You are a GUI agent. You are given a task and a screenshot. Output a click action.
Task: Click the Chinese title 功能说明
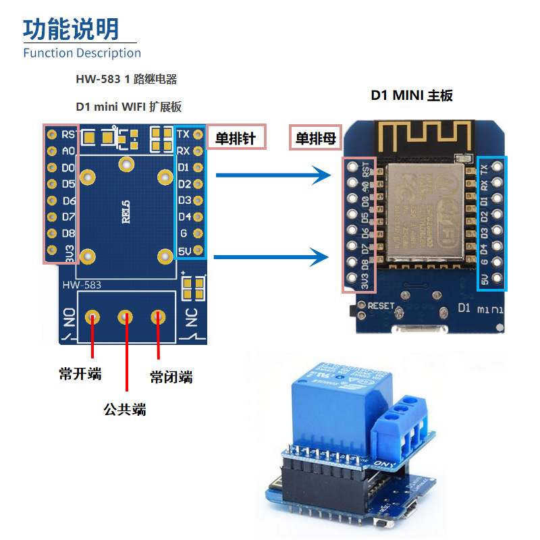click(x=71, y=29)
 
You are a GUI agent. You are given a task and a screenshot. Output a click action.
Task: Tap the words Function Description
click(x=82, y=53)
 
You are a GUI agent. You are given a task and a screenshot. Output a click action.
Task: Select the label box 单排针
click(x=236, y=138)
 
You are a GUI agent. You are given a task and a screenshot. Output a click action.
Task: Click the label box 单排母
click(x=312, y=138)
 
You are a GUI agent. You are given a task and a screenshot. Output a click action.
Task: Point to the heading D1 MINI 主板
click(x=411, y=95)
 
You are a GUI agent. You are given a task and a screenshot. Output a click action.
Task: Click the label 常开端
click(x=80, y=373)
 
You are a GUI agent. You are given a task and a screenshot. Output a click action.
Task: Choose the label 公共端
click(x=124, y=409)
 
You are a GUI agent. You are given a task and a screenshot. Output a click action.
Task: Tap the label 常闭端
click(x=171, y=377)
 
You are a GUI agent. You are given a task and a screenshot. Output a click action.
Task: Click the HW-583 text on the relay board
click(x=82, y=285)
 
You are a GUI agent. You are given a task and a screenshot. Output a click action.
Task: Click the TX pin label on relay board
click(x=183, y=134)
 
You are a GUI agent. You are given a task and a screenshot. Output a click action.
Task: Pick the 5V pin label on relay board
click(x=184, y=250)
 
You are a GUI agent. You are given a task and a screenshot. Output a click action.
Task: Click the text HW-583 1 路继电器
click(x=126, y=79)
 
